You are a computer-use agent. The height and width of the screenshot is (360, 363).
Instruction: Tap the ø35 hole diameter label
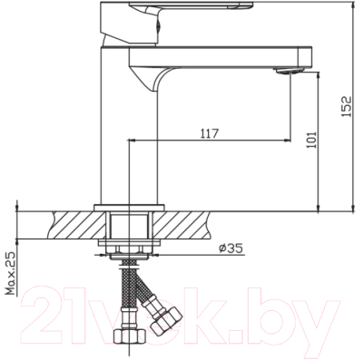228,248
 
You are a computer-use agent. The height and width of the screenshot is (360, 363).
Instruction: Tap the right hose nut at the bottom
167,322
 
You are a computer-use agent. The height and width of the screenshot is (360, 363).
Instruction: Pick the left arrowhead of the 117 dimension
135,141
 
